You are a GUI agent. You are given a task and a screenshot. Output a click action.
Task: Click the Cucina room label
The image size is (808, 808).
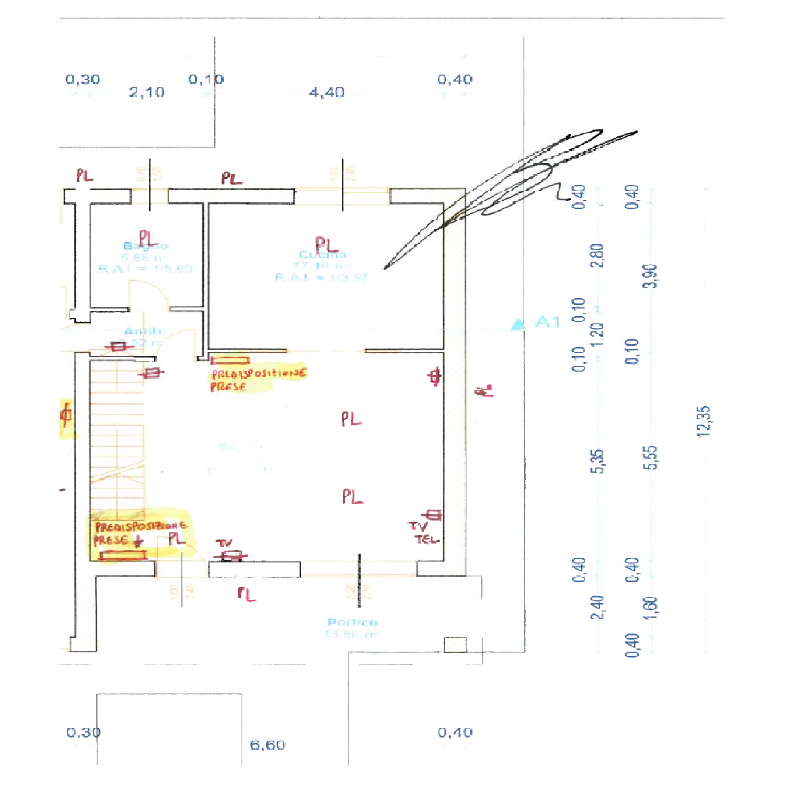[x=322, y=255]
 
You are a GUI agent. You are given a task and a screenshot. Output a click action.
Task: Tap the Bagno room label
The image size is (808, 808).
[x=146, y=246]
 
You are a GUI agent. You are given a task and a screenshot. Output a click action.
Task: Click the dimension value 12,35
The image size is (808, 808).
[x=704, y=422]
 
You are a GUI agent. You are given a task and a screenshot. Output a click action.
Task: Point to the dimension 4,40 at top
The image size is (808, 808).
[x=327, y=92]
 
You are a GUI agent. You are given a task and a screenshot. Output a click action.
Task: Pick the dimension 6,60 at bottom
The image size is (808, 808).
[x=268, y=745]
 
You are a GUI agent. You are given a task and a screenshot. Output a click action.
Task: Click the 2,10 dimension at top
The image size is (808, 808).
[x=146, y=92]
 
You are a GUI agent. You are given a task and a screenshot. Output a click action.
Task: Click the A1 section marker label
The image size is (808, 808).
[x=547, y=322]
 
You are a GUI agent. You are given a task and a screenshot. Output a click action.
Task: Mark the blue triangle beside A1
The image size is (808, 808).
[x=518, y=324]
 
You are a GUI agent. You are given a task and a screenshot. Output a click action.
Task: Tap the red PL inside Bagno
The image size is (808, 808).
[x=148, y=238]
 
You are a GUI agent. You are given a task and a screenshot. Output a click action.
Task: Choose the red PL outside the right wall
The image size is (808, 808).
[x=484, y=391]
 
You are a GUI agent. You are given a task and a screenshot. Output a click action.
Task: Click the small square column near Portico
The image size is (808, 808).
[x=455, y=645]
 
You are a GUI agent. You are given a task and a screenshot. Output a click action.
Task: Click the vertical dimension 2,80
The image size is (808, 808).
[x=599, y=255]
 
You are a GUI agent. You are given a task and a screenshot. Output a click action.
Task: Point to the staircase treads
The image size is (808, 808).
[x=117, y=435]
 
